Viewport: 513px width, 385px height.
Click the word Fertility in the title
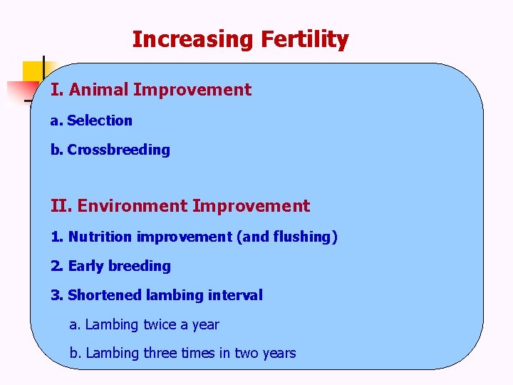[304, 39]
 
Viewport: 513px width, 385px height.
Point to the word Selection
[100, 120]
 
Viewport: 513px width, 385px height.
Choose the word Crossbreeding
[118, 150]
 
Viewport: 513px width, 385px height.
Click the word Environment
[133, 206]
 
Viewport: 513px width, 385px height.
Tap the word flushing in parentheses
[302, 237]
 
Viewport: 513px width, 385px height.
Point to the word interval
[235, 295]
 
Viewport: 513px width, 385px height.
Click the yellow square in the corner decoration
[33, 72]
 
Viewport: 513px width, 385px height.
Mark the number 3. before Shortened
[56, 295]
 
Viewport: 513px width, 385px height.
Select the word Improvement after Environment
[251, 206]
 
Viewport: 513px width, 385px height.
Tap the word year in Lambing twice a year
[206, 324]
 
